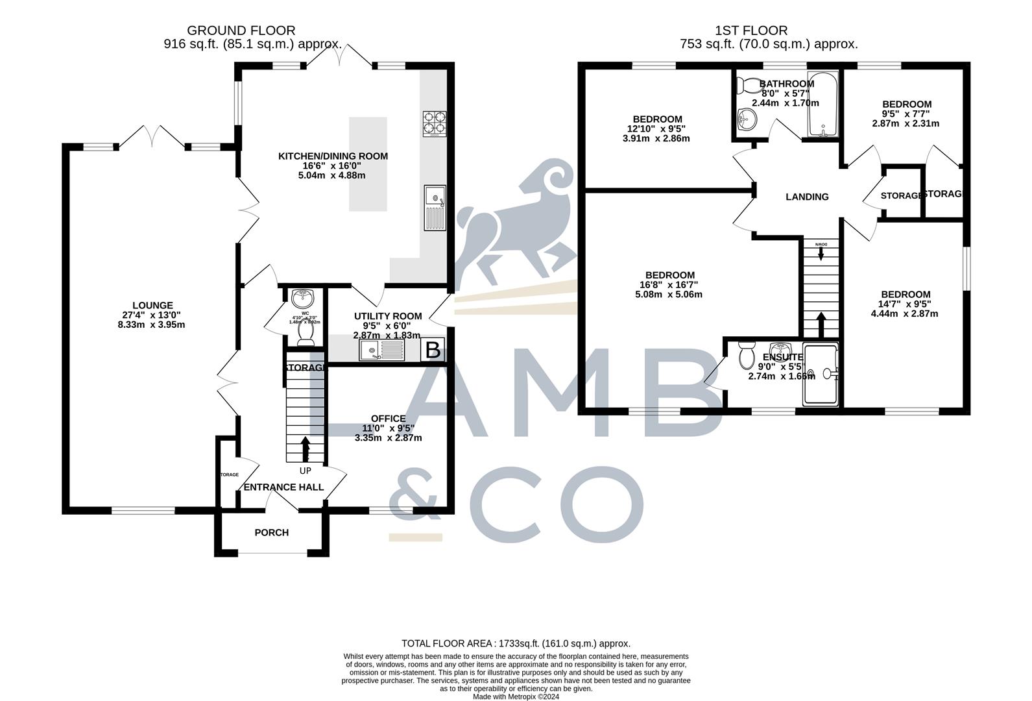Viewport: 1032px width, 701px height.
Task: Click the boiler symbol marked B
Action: coord(433,350)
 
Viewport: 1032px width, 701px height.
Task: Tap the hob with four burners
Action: coord(435,124)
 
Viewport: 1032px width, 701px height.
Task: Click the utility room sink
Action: coord(382,351)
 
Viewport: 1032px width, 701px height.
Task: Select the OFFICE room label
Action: coord(388,419)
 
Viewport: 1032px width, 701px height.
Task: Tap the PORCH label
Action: coord(271,533)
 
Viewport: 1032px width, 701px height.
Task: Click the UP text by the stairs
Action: coord(305,471)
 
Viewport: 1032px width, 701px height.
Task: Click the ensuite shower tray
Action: coord(821,375)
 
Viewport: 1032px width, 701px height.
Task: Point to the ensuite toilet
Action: coord(746,356)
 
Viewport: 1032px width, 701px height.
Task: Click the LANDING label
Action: coord(807,197)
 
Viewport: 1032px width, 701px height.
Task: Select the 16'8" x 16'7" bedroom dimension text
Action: coord(670,285)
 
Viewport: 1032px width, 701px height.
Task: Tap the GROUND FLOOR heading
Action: coord(241,31)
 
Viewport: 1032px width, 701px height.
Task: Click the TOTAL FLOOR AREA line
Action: coord(516,643)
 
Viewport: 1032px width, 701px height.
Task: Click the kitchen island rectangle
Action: coord(368,164)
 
